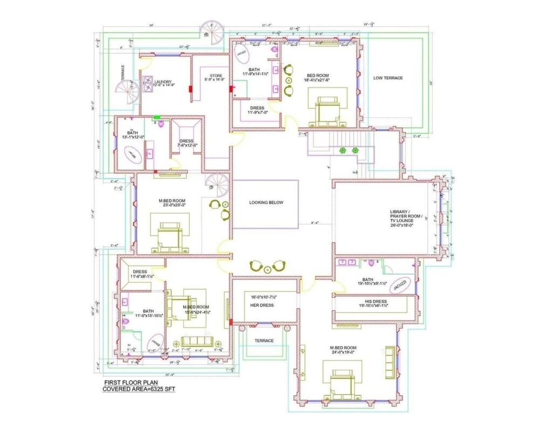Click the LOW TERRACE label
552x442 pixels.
click(388, 78)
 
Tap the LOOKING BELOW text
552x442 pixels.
click(266, 203)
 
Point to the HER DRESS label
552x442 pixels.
click(262, 305)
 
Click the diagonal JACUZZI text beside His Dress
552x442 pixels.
click(401, 285)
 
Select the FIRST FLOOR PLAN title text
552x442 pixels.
click(127, 381)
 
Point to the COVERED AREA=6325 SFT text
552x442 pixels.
click(139, 388)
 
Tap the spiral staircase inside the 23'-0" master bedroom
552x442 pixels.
click(219, 185)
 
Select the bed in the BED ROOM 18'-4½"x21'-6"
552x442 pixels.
click(327, 110)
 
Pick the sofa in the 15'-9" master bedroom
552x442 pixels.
click(196, 342)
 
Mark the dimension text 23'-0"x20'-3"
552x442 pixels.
click(172, 205)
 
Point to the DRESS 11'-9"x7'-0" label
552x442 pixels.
click(257, 110)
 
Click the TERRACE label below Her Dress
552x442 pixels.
click(264, 341)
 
